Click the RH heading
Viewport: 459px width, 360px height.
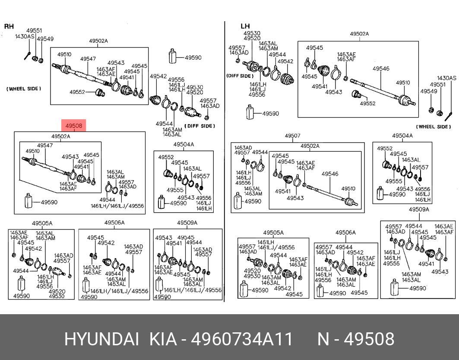pyautogui.click(x=9, y=26)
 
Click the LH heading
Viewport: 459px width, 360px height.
pyautogui.click(x=245, y=26)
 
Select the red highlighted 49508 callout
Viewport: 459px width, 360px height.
pyautogui.click(x=74, y=126)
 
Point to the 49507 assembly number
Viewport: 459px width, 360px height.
pyautogui.click(x=292, y=136)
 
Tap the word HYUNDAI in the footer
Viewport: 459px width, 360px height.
pyautogui.click(x=101, y=339)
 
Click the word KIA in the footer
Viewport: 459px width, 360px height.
pyautogui.click(x=163, y=339)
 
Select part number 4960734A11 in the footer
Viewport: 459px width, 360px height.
pyautogui.click(x=241, y=339)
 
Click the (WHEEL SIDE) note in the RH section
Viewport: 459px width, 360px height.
pyautogui.click(x=24, y=89)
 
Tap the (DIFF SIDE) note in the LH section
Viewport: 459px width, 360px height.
pyautogui.click(x=240, y=76)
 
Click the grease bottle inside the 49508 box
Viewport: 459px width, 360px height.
pyautogui.click(x=28, y=201)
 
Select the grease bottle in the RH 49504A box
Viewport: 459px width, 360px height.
pyautogui.click(x=161, y=202)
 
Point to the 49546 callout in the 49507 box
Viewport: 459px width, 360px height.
pyautogui.click(x=330, y=174)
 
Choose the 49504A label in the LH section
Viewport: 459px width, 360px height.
pyautogui.click(x=402, y=135)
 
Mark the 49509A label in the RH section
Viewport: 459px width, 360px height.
pyautogui.click(x=187, y=223)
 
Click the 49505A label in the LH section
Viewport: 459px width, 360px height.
pyautogui.click(x=273, y=233)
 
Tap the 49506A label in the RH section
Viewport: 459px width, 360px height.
pyautogui.click(x=114, y=223)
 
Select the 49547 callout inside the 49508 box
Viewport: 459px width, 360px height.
pyautogui.click(x=45, y=145)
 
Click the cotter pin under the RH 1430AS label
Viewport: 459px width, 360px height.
pyautogui.click(x=28, y=55)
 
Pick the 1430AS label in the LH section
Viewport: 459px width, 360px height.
pyautogui.click(x=446, y=78)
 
